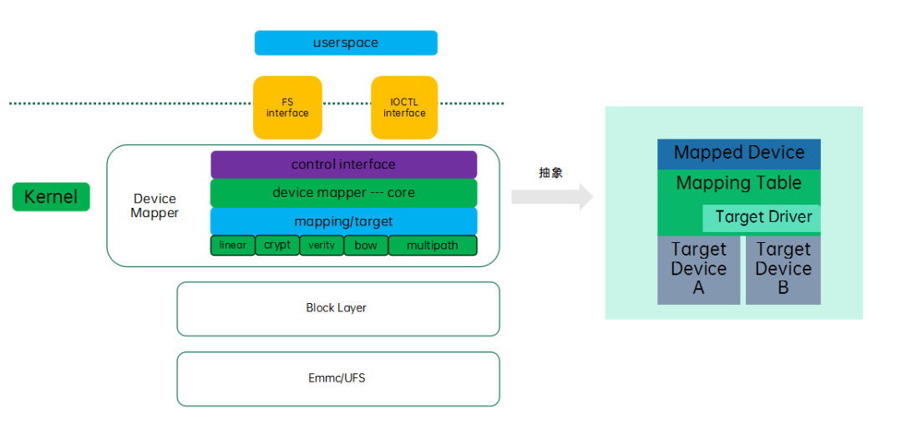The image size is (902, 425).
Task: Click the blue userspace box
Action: (346, 43)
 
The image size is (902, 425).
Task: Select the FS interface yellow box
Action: (287, 108)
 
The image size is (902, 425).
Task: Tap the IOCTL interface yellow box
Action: (404, 108)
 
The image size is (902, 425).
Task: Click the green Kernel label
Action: (51, 197)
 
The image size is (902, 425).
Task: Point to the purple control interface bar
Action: (343, 164)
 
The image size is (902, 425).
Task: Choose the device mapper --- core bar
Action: (343, 193)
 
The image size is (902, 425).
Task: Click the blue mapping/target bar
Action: (343, 221)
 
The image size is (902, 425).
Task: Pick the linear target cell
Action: (232, 245)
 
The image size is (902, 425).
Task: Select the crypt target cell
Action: (277, 245)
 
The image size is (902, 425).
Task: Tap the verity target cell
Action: (322, 245)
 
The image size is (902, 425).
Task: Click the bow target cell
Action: (366, 245)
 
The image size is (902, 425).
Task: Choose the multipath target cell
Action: (433, 245)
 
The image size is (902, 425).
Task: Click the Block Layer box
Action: (337, 308)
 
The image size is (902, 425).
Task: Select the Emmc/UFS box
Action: (337, 378)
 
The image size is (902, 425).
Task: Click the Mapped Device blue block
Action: (739, 154)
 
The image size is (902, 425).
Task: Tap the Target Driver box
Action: (763, 217)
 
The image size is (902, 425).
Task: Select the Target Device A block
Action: (698, 269)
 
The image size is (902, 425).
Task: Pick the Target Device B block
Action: (783, 269)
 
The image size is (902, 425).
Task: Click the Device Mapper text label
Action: (155, 205)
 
